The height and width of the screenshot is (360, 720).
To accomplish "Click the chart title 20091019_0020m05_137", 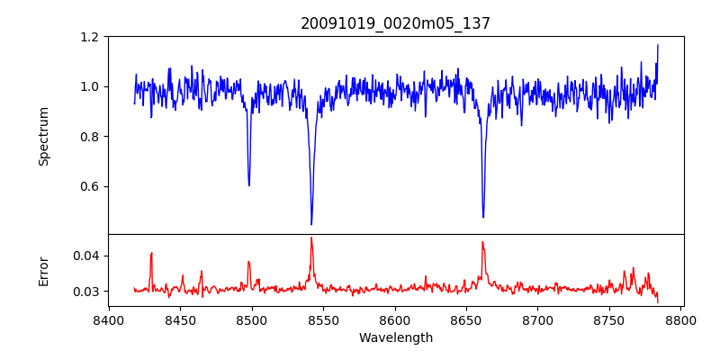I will tap(395, 23).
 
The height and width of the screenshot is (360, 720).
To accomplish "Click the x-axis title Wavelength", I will tap(395, 338).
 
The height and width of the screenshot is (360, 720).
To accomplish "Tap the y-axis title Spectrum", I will tap(44, 136).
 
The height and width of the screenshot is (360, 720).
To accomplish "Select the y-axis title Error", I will tap(44, 271).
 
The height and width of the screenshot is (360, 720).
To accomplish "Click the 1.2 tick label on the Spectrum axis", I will tap(90, 37).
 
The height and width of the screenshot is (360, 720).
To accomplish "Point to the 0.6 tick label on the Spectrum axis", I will tap(90, 186).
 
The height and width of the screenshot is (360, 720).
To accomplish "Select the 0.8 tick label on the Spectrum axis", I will tap(90, 137).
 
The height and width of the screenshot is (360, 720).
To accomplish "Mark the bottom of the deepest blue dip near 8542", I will tap(311, 224).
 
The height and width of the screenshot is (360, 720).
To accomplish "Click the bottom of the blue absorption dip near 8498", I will tap(249, 185).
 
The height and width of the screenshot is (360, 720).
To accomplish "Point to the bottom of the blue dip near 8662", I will tap(483, 217).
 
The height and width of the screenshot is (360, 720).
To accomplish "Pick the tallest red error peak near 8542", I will tap(311, 238).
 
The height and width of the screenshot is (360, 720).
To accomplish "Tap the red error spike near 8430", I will tap(152, 253).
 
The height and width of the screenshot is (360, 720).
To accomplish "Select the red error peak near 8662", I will tap(482, 242).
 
